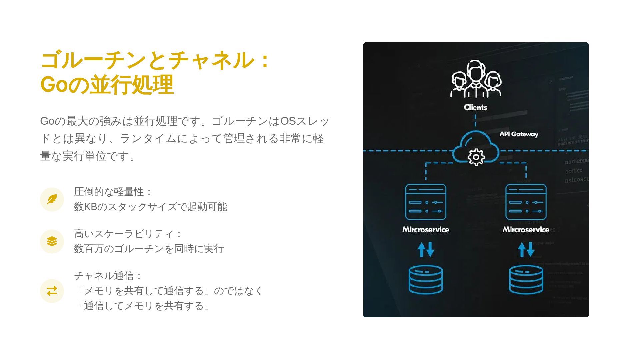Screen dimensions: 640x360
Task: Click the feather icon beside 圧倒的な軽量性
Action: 52,199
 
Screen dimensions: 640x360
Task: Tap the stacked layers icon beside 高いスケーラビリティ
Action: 52,241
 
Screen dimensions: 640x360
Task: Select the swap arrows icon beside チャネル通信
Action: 52,291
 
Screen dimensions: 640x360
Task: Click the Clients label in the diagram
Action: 475,107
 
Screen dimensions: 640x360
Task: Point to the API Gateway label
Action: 519,134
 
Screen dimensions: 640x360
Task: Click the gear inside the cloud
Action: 476,157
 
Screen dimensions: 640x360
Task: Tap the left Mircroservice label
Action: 426,229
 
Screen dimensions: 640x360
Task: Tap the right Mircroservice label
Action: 526,229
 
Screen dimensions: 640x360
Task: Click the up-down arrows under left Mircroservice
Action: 426,249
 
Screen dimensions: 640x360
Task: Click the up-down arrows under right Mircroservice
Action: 526,249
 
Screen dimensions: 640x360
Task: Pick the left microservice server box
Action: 426,202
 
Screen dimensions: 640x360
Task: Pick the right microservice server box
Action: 526,202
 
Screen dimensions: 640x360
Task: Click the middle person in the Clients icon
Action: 475,77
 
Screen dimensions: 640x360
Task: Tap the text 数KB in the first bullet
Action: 85,207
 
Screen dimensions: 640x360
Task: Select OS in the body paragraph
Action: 288,121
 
